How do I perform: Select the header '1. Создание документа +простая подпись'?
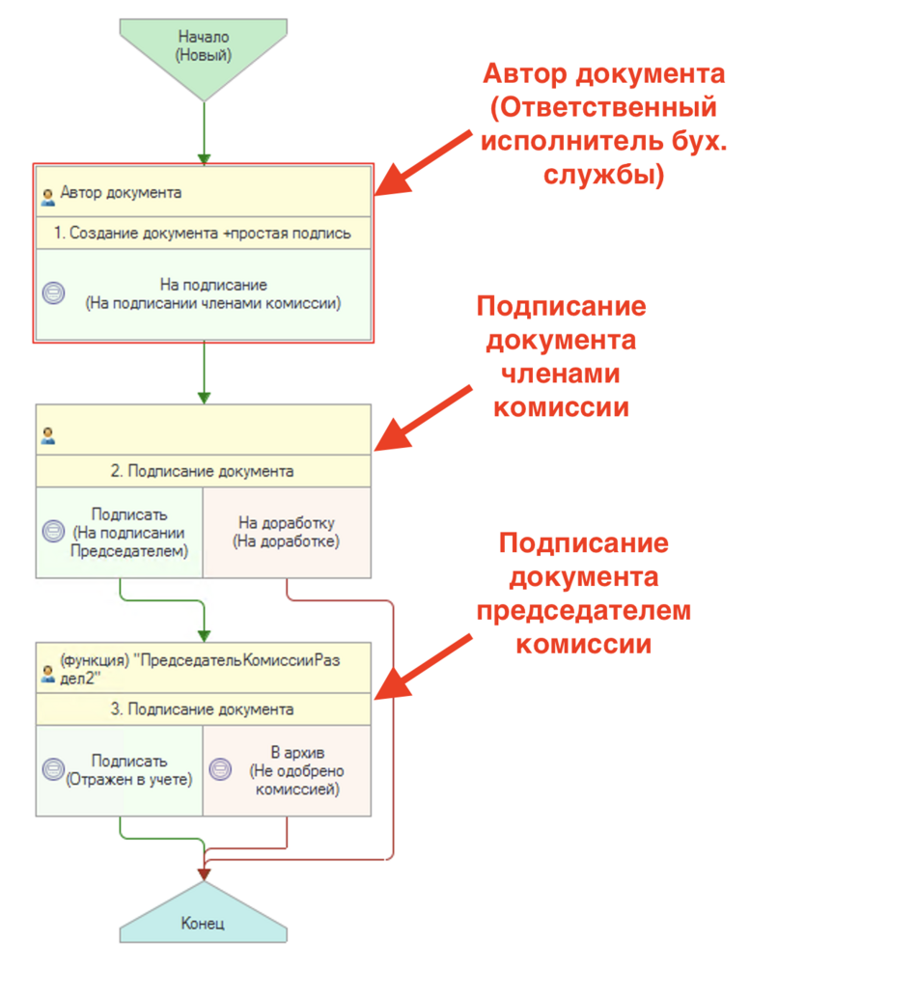coord(204,234)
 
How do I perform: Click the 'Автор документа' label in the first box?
coord(121,192)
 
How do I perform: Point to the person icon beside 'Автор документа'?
coord(47,196)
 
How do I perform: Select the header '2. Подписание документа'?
coord(204,472)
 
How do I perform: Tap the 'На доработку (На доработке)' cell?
coord(287,532)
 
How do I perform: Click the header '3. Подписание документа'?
coord(204,709)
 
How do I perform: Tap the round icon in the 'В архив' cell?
coord(221,770)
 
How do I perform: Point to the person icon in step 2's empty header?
coord(47,436)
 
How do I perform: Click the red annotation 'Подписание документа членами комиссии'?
coord(561,357)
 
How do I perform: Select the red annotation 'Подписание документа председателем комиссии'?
coord(583,594)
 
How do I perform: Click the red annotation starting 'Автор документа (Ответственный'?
coord(604,125)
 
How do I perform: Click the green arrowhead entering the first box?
coord(204,157)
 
